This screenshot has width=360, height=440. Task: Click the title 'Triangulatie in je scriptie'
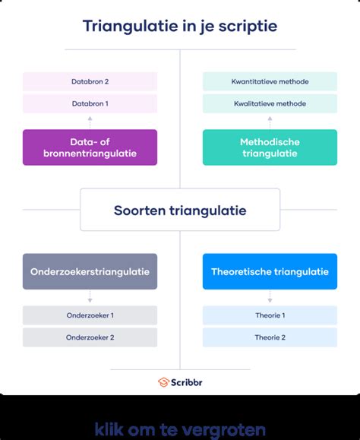tap(180, 27)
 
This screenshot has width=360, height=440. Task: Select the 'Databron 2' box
tap(90, 81)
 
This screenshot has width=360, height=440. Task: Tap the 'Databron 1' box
tap(90, 103)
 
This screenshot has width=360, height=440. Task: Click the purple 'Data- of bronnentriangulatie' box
tap(90, 147)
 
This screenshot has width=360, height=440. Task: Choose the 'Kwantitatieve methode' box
tap(270, 81)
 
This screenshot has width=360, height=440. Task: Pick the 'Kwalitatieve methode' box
tap(270, 103)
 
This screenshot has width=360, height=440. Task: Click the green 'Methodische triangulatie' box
tap(270, 147)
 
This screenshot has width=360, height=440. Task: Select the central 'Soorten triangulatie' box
tap(180, 210)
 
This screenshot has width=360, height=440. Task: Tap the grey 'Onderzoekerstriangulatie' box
tap(90, 271)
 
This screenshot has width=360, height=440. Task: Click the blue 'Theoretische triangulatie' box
tap(270, 271)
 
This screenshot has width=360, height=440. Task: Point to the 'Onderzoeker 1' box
tap(90, 315)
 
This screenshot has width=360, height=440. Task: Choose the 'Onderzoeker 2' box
tap(90, 337)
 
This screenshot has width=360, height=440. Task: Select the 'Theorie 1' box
tap(270, 315)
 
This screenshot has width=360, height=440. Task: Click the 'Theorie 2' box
tap(270, 337)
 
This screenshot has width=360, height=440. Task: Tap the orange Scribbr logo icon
tap(163, 381)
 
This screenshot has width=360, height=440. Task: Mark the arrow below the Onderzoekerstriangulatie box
tap(90, 297)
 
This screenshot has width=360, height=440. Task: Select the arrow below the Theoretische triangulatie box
tap(270, 297)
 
